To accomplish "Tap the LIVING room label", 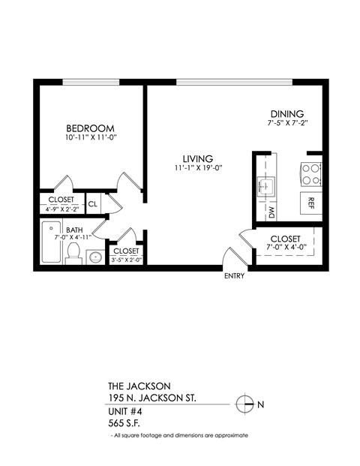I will [198, 158].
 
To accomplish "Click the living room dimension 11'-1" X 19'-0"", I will [198, 169].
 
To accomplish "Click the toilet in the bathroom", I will [74, 254].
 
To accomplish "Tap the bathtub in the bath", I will [51, 242].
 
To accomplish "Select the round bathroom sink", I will [94, 257].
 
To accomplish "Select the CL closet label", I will [93, 203].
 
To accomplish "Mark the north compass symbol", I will [244, 404].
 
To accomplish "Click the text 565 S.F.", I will [126, 422].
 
